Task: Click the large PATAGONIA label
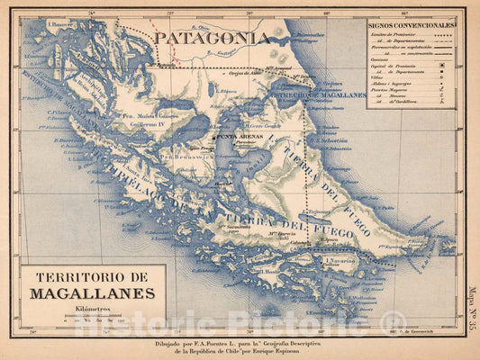coord(211,38)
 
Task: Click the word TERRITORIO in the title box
coord(93,278)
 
